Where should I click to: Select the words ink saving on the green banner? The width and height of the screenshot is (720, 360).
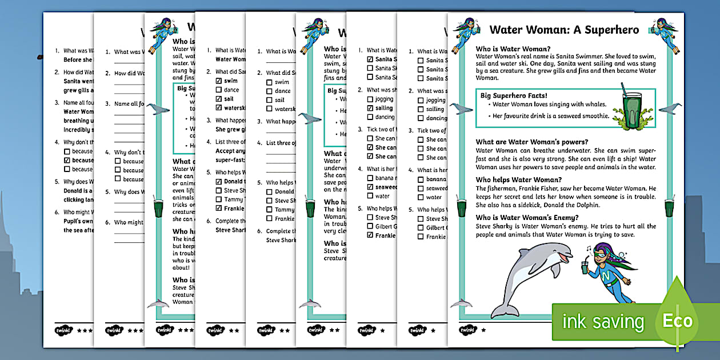tap(603, 322)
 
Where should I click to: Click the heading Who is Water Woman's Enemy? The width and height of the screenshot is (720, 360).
tap(527, 217)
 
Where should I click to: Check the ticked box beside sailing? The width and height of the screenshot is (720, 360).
tap(370, 108)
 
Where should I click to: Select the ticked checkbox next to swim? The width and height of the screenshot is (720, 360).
tap(219, 81)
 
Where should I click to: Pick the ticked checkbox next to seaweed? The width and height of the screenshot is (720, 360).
tap(370, 187)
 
